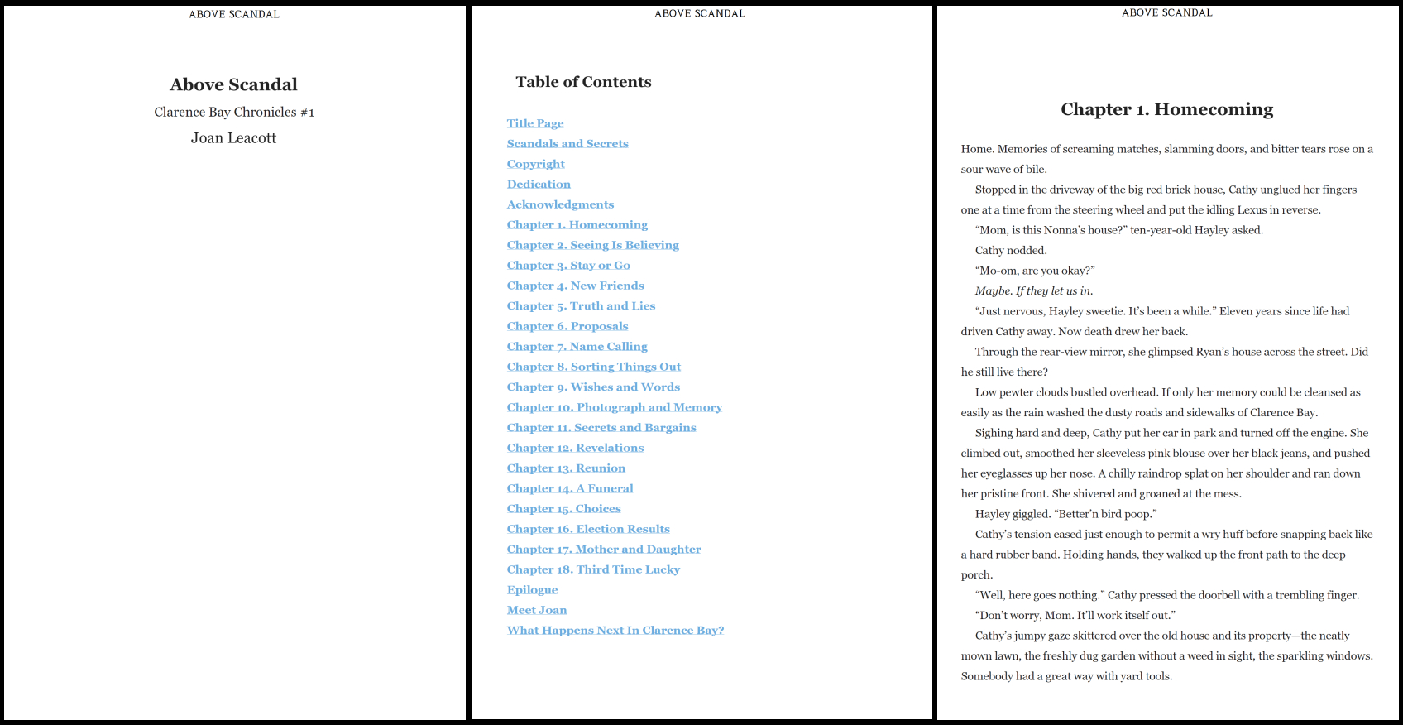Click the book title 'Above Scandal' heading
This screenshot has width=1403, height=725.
tap(233, 84)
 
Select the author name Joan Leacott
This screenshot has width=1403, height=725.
tap(233, 138)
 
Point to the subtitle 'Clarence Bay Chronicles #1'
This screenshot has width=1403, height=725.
tap(233, 112)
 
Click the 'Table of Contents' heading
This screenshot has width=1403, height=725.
tap(583, 82)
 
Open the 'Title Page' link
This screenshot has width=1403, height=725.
tap(534, 123)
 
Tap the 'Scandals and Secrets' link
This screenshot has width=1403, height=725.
tap(567, 144)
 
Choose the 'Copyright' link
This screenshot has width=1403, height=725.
tap(535, 164)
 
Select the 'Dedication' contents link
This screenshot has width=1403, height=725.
tap(538, 185)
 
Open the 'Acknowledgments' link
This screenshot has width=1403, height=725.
tap(560, 204)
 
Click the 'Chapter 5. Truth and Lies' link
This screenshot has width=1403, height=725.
tap(581, 306)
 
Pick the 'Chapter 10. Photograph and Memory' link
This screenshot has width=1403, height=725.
tap(614, 407)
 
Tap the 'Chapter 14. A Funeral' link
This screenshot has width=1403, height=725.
tap(570, 488)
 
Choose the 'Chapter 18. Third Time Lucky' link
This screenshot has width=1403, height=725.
tap(593, 569)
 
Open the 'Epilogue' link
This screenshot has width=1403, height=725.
tap(532, 590)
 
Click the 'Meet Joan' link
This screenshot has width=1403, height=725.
tap(536, 610)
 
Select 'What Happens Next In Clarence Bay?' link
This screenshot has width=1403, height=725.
tap(615, 631)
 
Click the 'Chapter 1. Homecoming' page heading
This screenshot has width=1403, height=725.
tap(1166, 109)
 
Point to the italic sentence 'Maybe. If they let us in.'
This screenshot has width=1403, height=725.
tap(1033, 291)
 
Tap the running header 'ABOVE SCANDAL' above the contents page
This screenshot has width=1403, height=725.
tap(699, 13)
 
